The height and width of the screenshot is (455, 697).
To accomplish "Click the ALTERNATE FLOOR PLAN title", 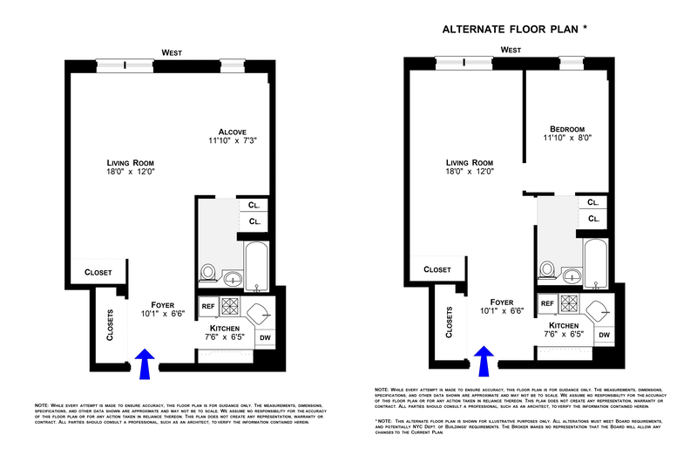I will coord(515,29).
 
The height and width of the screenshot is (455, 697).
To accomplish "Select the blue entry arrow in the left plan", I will coord(146,363).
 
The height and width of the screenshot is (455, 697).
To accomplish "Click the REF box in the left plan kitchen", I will coord(208,306).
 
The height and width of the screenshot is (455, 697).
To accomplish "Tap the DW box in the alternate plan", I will coord(603,334).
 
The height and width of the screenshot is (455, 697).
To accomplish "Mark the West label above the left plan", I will coord(173,53).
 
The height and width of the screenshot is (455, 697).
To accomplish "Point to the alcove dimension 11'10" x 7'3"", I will coord(233,140).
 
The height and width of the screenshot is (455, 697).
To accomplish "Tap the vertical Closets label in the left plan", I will coord(111,324).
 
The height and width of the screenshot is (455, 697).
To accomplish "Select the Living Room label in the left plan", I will coord(130,163).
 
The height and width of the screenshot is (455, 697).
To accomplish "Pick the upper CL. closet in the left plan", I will coord(254,207).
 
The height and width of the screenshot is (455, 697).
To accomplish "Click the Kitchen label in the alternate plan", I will coord(564,324).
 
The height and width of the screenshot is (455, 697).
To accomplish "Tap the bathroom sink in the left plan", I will coord(233,279).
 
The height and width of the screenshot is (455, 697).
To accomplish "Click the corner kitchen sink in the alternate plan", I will coord(601,309).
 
